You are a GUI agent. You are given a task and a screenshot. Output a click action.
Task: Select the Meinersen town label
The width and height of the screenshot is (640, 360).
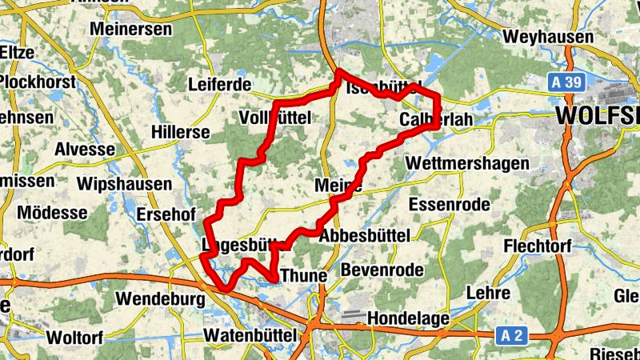132,28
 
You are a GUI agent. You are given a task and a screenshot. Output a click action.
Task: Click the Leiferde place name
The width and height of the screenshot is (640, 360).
219,85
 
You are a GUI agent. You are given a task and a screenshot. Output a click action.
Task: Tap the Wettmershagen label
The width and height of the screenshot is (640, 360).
468,163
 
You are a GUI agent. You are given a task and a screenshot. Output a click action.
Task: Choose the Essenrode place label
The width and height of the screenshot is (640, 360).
449,205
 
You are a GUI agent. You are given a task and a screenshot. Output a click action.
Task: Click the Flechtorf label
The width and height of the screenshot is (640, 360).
538,247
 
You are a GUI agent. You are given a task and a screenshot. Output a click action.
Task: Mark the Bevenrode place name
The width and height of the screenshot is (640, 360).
382,270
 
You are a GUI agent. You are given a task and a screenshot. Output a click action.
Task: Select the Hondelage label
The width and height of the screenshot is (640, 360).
408,318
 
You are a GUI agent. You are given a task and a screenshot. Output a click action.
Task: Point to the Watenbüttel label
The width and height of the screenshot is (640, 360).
251,334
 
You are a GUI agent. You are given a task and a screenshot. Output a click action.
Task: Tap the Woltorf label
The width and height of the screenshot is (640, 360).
75,337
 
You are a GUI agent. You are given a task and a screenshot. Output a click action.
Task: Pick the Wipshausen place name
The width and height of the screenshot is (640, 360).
124,184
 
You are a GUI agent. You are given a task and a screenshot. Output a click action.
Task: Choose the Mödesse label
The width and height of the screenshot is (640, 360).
52,213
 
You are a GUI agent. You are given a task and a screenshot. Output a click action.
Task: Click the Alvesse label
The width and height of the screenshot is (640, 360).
85,150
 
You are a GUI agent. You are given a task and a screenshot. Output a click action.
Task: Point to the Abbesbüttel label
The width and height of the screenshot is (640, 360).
364,236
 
